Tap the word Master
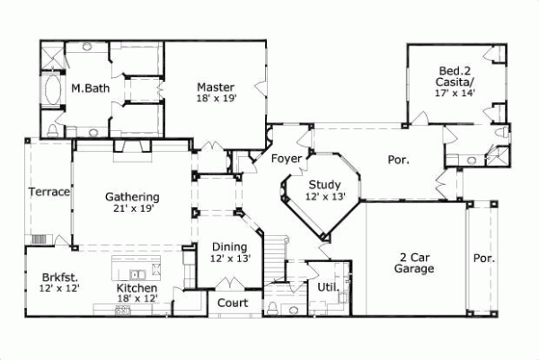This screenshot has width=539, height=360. pos(216,86)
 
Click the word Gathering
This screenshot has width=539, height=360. pos(132,197)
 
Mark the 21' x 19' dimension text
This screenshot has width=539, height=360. pos(132,208)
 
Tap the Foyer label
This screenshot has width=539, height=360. pos(286,159)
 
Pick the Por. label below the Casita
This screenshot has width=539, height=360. pos(398,160)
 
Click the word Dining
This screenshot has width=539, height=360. pos(230,247)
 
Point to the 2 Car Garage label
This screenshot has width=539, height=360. pos(415,261)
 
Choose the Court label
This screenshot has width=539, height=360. pos(232,303)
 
